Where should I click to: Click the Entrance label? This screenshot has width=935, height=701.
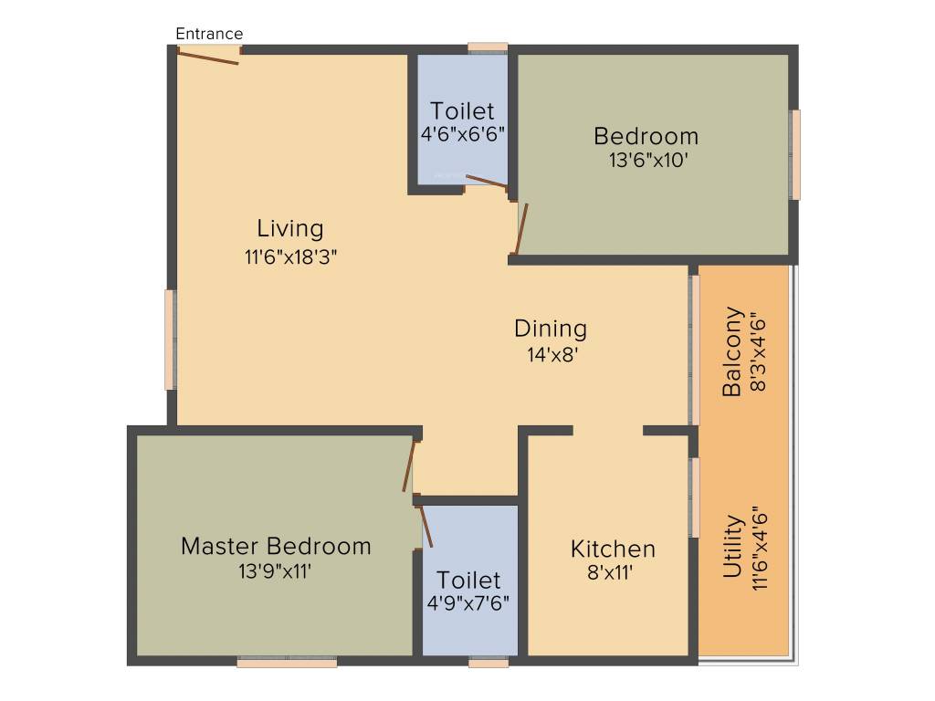tap(209, 34)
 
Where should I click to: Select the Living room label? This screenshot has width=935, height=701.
tap(289, 227)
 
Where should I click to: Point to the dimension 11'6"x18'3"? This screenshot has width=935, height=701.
tap(290, 257)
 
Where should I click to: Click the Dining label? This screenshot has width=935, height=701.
tap(550, 328)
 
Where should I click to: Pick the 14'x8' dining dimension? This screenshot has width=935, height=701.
tap(550, 356)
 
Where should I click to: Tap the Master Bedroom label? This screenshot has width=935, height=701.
tap(276, 546)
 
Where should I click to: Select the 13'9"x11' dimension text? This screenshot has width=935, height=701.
tap(276, 572)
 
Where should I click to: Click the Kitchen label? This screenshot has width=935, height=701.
tap(613, 549)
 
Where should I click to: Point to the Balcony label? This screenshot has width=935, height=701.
tap(732, 351)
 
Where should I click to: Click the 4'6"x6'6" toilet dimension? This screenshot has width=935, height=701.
tap(463, 133)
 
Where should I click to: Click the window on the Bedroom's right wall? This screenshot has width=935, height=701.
tap(795, 154)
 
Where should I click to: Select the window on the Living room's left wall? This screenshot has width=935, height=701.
tap(169, 340)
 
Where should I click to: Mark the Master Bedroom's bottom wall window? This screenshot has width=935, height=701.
tap(287, 663)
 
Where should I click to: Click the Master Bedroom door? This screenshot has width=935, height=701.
tap(409, 467)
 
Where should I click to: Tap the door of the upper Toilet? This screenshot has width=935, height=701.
tap(486, 181)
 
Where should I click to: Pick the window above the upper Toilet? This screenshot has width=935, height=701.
tap(488, 47)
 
